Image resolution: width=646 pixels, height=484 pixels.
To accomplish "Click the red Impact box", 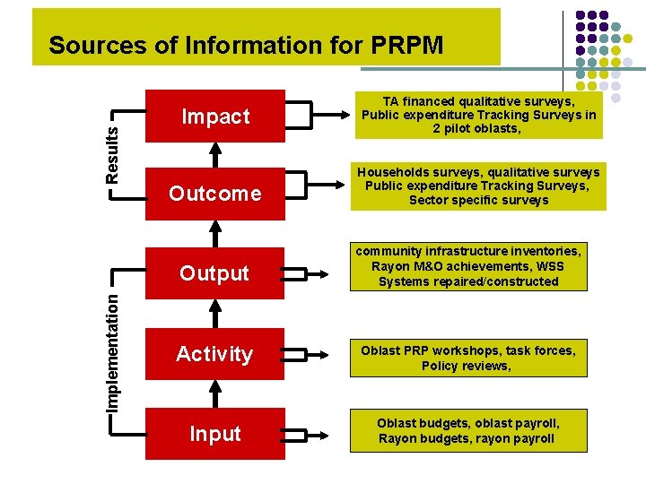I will (215, 116).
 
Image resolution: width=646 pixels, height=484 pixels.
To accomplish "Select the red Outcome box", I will (215, 193).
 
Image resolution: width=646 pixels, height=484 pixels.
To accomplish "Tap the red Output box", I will (215, 272).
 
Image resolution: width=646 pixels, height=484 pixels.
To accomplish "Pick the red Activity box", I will (215, 353).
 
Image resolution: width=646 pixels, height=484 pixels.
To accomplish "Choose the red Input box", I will (215, 433).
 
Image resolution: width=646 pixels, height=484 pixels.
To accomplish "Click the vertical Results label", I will (111, 153).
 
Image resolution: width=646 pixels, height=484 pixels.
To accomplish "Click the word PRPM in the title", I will (404, 45).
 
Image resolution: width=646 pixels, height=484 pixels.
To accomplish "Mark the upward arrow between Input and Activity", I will (215, 393).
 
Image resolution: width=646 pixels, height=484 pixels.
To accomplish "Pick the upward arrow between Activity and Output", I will (215, 313).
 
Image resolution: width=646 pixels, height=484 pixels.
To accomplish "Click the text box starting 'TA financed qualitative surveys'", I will (477, 116).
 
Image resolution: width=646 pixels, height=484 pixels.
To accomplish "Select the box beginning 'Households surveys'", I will (477, 186).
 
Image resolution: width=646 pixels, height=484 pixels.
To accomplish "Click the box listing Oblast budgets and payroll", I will (467, 430).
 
